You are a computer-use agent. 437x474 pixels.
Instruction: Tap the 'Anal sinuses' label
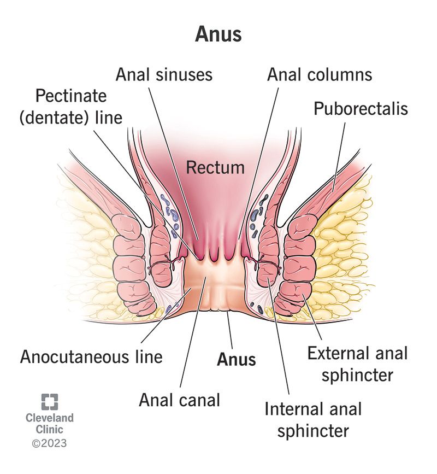pos(164,74)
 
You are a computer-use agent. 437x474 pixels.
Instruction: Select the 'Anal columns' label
pos(320,74)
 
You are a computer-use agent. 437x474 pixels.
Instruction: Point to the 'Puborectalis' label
pos(361,108)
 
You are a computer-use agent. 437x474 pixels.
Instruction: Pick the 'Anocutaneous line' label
pos(91,357)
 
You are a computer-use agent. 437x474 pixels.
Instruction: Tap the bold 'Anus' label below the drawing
pos(236,359)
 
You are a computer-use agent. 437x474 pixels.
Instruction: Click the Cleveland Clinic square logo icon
pos(49,402)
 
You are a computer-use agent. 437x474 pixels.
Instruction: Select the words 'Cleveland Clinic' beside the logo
pos(49,424)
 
